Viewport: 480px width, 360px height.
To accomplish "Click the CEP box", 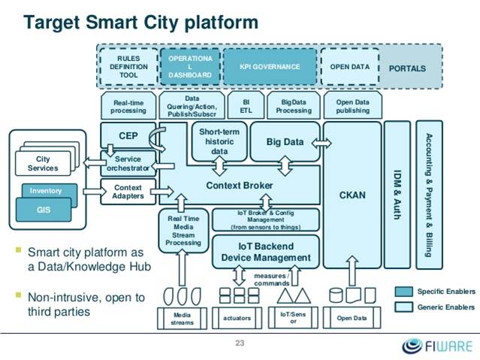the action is pyautogui.click(x=128, y=135).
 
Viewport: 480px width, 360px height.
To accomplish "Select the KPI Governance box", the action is pyautogui.click(x=270, y=66).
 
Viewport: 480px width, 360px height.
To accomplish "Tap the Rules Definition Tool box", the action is pyautogui.click(x=128, y=66).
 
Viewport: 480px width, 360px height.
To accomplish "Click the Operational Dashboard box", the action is pyautogui.click(x=190, y=66).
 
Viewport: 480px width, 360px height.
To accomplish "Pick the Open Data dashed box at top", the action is pyautogui.click(x=349, y=66).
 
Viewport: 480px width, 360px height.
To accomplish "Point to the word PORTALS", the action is pyautogui.click(x=407, y=68).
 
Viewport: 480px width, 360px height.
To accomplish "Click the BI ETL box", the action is pyautogui.click(x=246, y=105).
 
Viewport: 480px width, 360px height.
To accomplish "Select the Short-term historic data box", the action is pyautogui.click(x=219, y=141).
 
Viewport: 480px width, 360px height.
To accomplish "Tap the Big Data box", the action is pyautogui.click(x=285, y=141).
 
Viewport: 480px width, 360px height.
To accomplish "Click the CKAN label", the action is pyautogui.click(x=352, y=195).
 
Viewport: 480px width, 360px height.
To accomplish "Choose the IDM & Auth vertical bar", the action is pyautogui.click(x=397, y=195).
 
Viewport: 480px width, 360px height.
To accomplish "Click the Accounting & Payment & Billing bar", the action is pyautogui.click(x=429, y=195).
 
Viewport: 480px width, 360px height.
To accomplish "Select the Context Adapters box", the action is pyautogui.click(x=128, y=192).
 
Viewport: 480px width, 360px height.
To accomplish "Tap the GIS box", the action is pyautogui.click(x=44, y=210).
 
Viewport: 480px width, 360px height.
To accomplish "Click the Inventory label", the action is pyautogui.click(x=46, y=191).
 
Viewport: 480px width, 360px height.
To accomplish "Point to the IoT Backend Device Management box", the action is pyautogui.click(x=266, y=252).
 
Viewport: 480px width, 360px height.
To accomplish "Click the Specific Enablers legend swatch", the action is pyautogui.click(x=403, y=292).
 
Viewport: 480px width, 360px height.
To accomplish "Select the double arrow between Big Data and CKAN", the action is pyautogui.click(x=322, y=143).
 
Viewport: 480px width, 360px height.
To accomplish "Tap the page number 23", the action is pyautogui.click(x=240, y=343).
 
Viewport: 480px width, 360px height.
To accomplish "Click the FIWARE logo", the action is pyautogui.click(x=437, y=346).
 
